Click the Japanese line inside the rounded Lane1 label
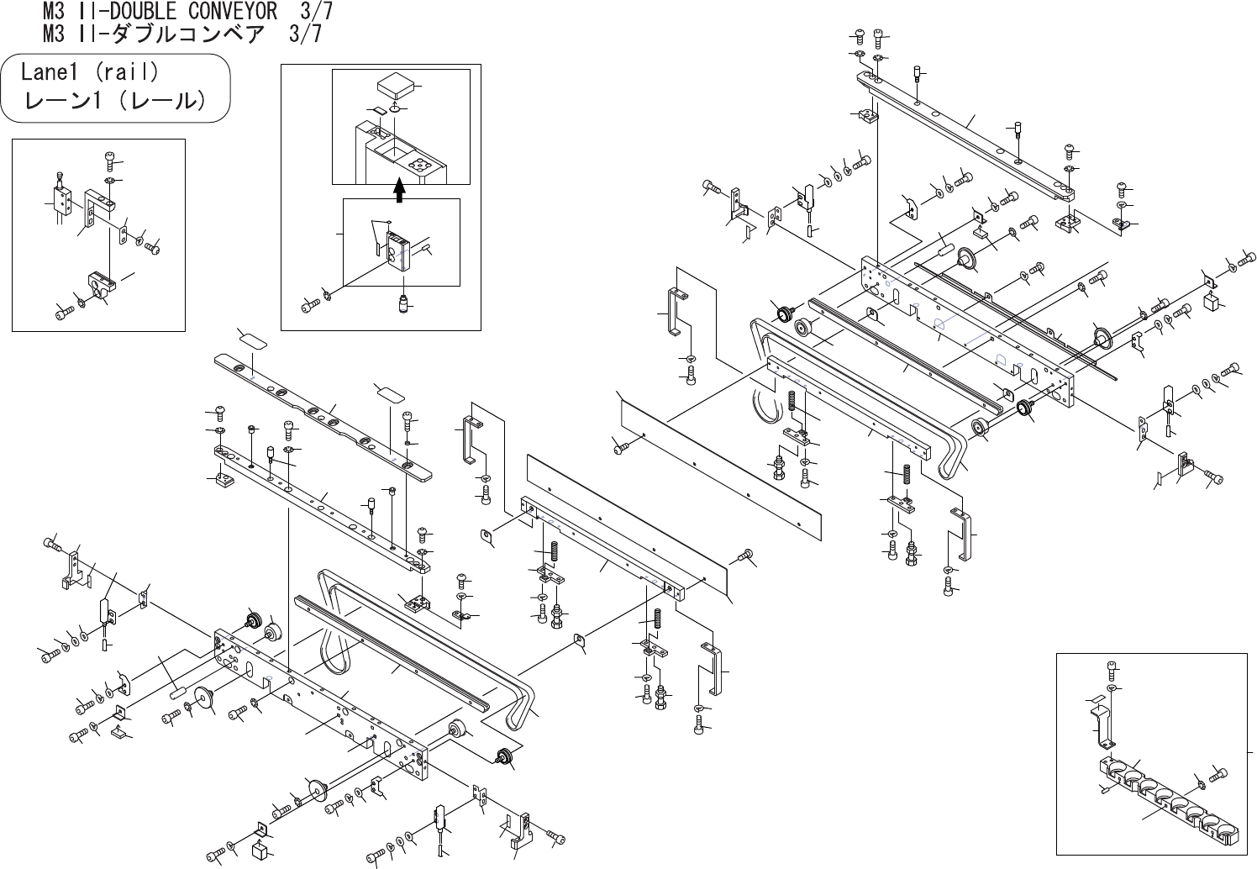pos(115,101)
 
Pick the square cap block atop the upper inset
pos(395,86)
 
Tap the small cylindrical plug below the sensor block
pos(403,302)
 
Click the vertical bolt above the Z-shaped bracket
pos(1112,670)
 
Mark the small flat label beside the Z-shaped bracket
pos(1096,699)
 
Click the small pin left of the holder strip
pos(1103,787)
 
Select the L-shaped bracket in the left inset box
pos(100,208)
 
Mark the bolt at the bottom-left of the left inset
pos(63,311)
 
